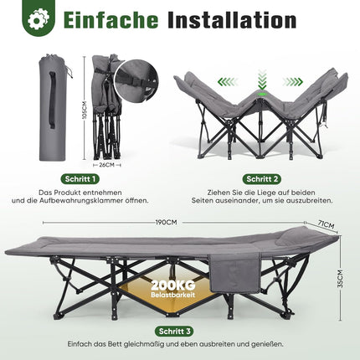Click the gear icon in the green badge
[x=39, y=19]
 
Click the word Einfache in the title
[x=111, y=20]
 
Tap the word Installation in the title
[x=232, y=20]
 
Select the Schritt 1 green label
[x=80, y=179]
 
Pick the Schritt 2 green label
[x=262, y=179]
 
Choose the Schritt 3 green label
[x=174, y=332]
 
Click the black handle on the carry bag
[x=53, y=100]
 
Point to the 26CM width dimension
[x=107, y=165]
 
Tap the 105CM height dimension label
[x=85, y=110]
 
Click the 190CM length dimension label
[x=166, y=223]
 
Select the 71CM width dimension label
[x=326, y=224]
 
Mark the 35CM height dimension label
[x=340, y=279]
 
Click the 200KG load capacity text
[x=173, y=285]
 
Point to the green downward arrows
[x=262, y=79]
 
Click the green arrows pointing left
[x=228, y=82]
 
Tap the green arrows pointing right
[x=292, y=82]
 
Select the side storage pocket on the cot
[x=234, y=273]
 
